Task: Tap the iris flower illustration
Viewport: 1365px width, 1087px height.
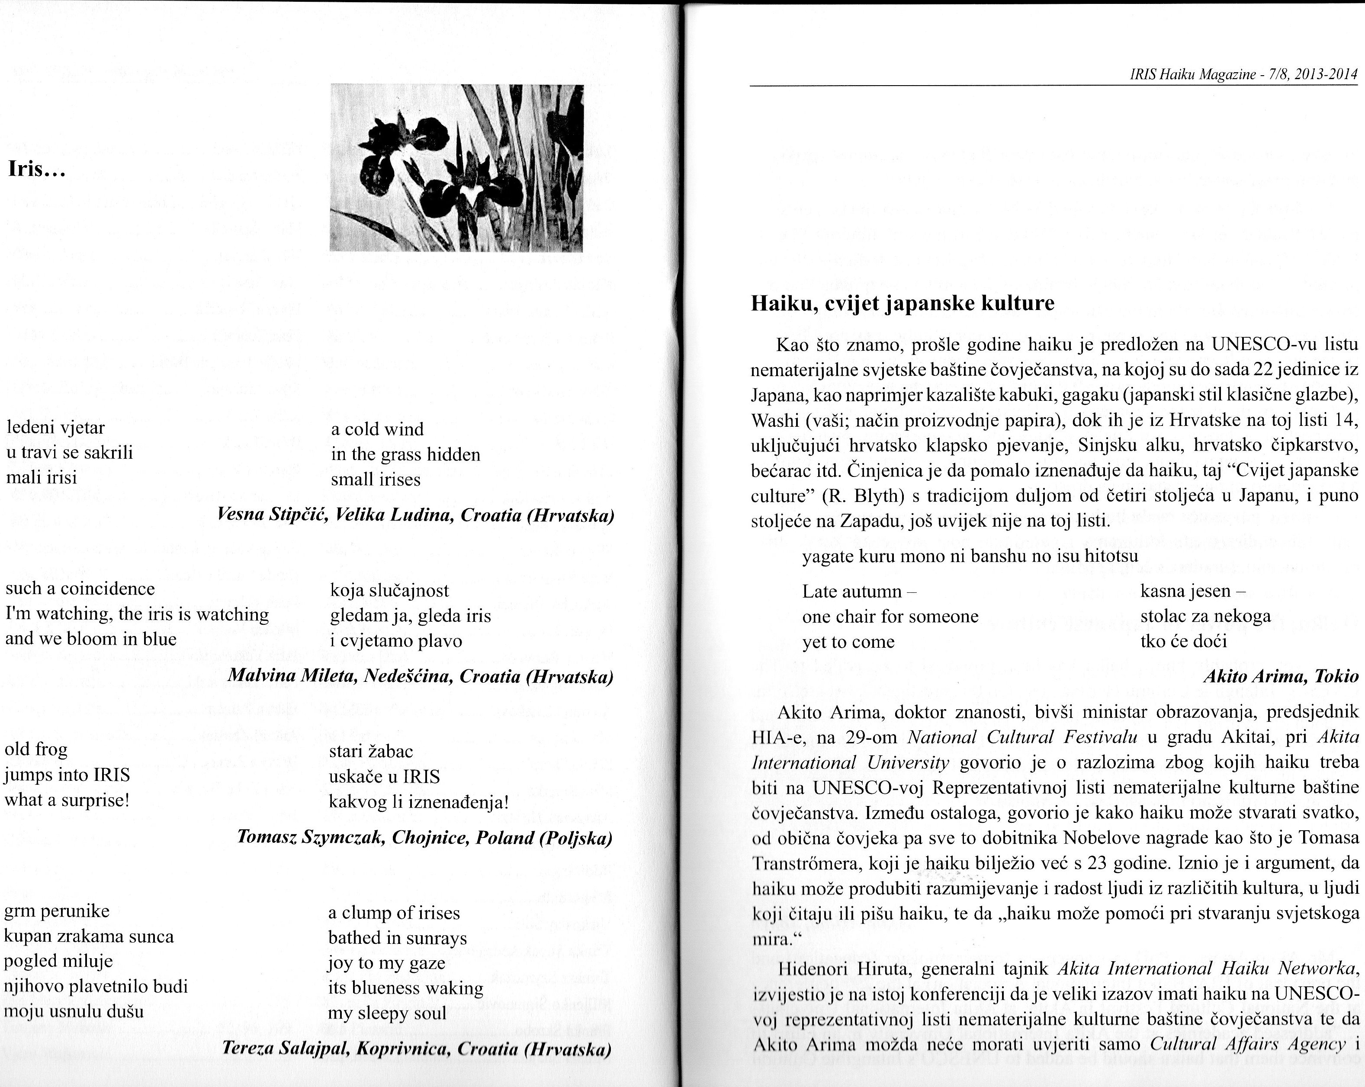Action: [456, 168]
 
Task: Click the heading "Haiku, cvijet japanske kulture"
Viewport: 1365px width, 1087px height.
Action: [902, 304]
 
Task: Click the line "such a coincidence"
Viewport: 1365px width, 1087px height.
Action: [80, 589]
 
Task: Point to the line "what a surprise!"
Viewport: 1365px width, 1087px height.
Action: [67, 800]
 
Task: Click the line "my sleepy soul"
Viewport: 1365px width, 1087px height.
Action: [387, 1013]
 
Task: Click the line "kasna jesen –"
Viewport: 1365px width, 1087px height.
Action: [1193, 591]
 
